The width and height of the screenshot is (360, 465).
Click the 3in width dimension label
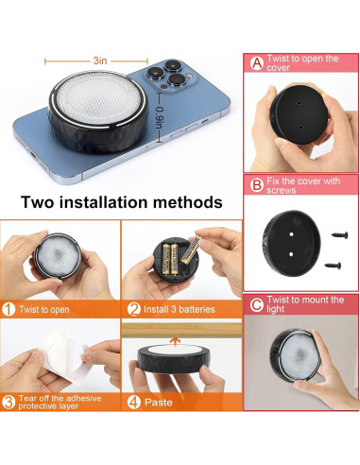[100, 60]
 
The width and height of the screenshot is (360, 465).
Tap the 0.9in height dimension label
[160, 118]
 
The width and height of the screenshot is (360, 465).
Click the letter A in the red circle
[257, 63]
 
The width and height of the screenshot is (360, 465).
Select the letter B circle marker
[257, 185]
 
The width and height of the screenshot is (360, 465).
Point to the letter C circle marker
[257, 304]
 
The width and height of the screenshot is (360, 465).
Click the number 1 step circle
[9, 309]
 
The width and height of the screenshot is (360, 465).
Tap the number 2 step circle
[134, 309]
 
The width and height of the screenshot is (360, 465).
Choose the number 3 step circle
[9, 403]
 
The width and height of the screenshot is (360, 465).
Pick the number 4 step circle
[134, 403]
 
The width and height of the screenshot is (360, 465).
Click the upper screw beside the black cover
[340, 235]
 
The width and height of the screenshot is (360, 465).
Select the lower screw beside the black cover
[333, 266]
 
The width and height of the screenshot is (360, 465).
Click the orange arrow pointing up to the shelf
[175, 341]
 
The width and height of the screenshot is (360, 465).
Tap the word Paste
[159, 403]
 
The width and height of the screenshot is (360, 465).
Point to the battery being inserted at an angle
[191, 250]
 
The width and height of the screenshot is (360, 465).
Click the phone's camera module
[170, 77]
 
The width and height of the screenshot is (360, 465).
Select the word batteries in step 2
[197, 309]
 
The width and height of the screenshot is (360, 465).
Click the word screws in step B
[282, 190]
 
